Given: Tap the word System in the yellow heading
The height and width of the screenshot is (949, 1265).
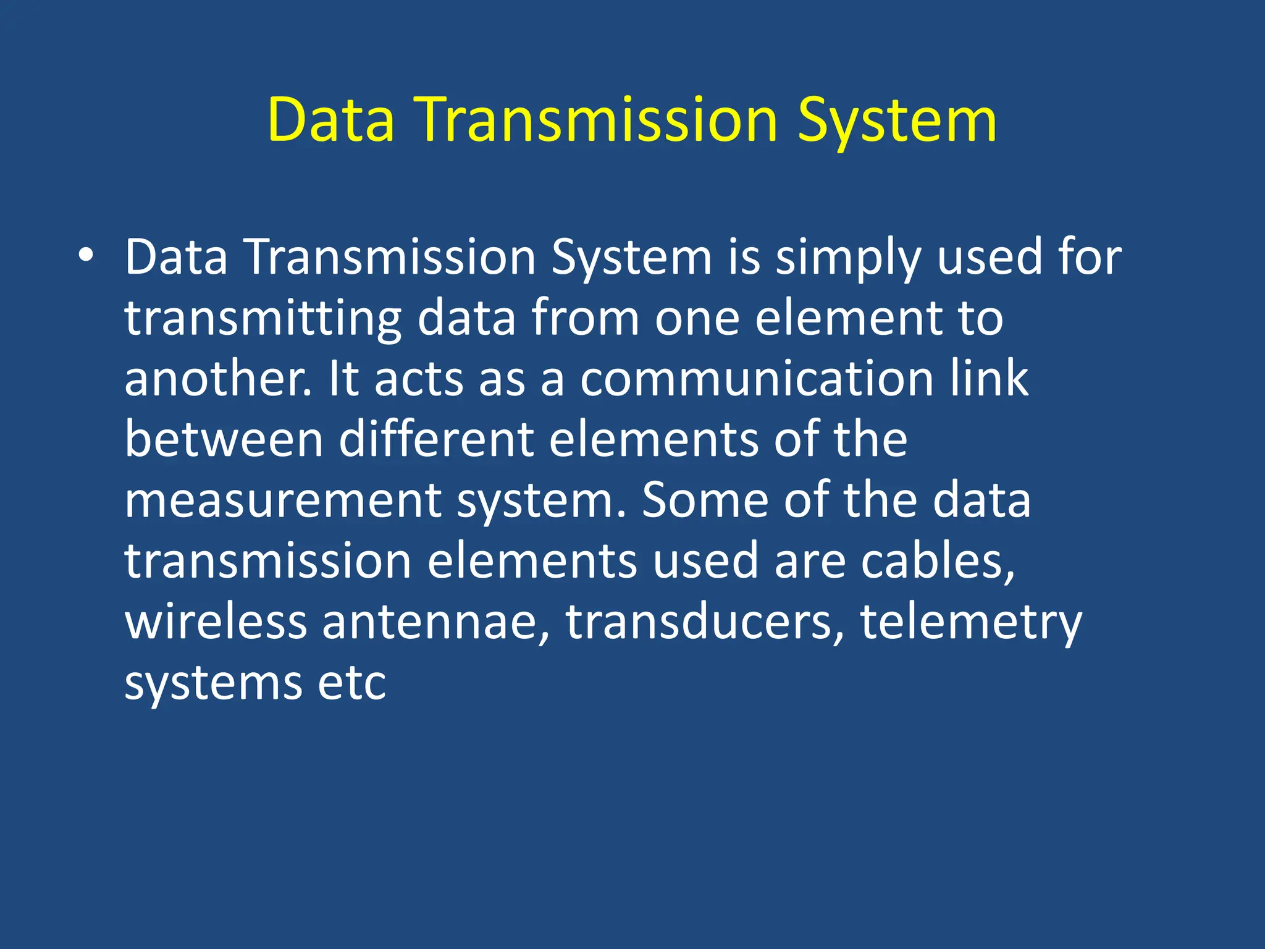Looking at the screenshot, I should click(896, 120).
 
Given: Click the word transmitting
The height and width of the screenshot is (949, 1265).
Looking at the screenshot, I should click(263, 319).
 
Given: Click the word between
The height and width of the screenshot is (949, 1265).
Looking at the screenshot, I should click(224, 439).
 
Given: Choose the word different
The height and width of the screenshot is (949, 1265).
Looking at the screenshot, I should click(436, 439).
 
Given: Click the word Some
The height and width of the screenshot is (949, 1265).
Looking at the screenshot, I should click(705, 500).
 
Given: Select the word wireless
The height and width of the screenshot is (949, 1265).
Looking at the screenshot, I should click(216, 622).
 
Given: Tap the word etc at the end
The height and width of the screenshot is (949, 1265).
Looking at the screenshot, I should click(351, 683).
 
